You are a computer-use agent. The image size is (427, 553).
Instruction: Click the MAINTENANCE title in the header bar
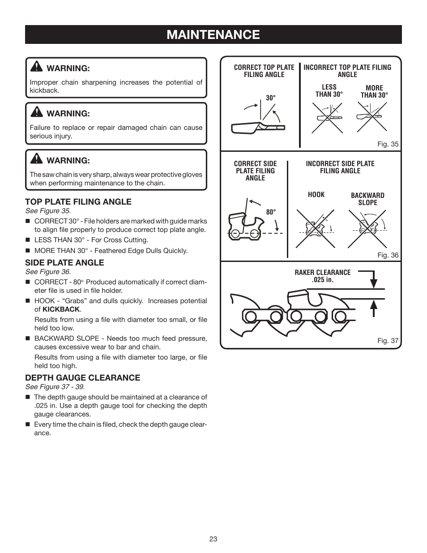click(x=213, y=35)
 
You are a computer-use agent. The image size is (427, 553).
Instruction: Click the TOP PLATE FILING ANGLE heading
click(x=78, y=202)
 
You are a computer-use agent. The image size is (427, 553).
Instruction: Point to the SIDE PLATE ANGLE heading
click(x=64, y=263)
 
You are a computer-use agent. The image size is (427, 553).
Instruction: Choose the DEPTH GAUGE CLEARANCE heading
click(x=82, y=378)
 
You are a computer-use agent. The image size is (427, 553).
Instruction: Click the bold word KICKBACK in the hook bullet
click(x=61, y=309)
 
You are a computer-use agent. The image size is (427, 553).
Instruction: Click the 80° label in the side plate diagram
click(x=271, y=212)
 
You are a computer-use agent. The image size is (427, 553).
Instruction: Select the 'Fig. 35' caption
click(x=388, y=144)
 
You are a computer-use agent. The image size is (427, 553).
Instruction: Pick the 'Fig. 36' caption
click(x=388, y=255)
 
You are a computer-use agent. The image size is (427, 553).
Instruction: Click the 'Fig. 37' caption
click(x=388, y=341)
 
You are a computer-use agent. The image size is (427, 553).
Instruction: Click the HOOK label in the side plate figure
click(x=316, y=195)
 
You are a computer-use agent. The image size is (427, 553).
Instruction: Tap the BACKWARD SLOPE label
click(x=367, y=199)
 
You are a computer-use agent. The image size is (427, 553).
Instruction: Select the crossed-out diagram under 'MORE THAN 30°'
click(x=371, y=117)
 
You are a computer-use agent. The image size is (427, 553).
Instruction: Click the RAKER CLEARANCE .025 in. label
click(x=322, y=276)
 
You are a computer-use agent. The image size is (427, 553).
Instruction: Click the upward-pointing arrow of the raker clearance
click(x=374, y=308)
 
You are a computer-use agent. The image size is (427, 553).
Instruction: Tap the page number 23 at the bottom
click(x=213, y=539)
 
